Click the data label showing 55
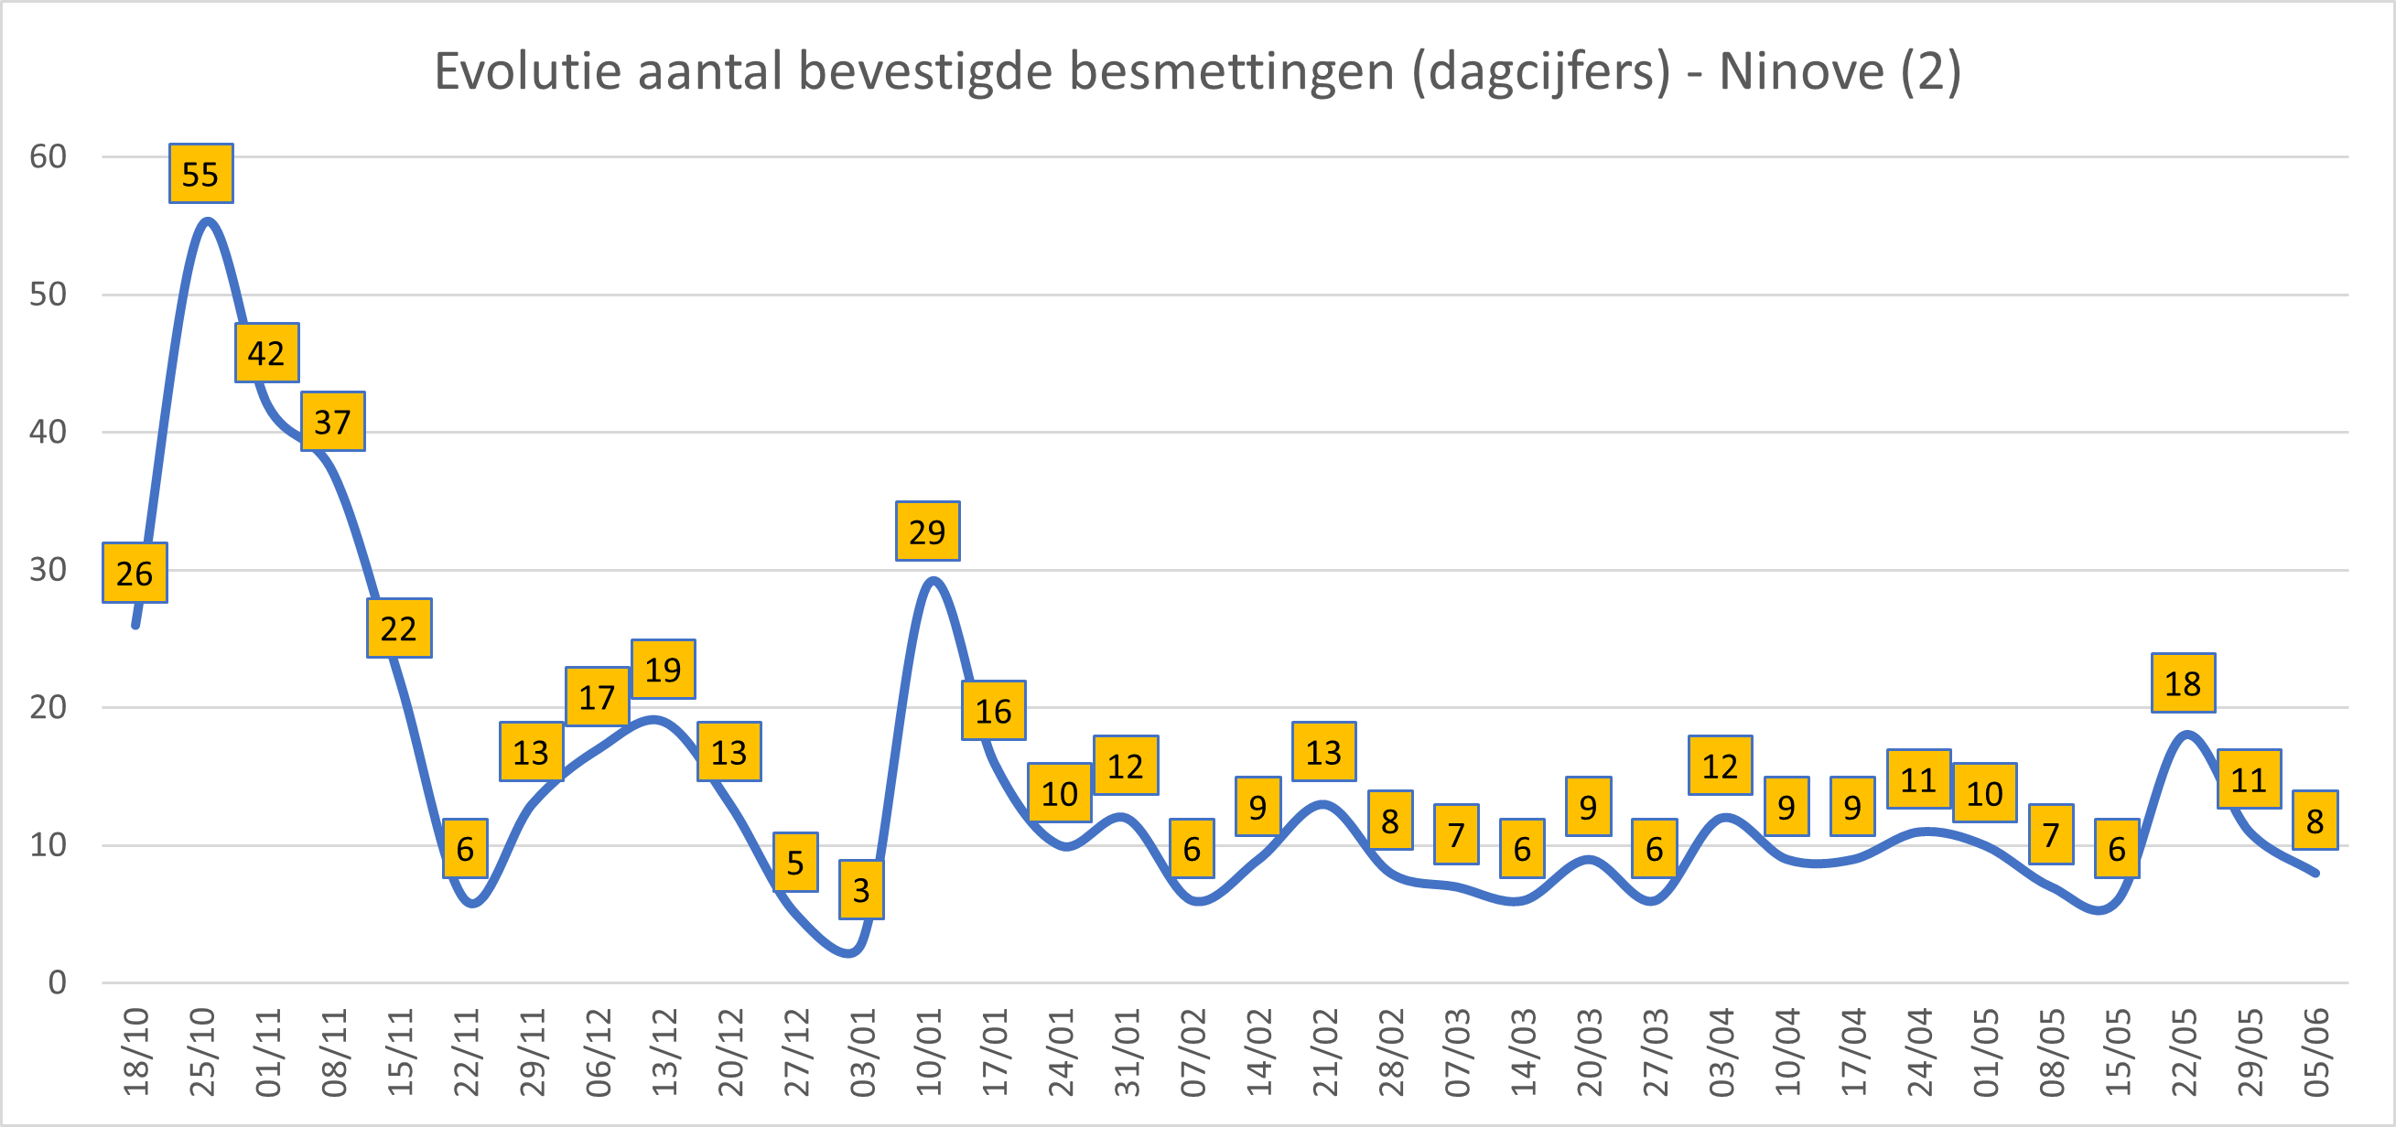point(201,174)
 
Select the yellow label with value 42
point(267,353)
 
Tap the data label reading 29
point(927,531)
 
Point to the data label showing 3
point(861,890)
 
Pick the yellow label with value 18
point(2183,683)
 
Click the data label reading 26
point(135,573)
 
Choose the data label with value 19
point(664,670)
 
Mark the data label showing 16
point(993,711)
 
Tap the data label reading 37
point(333,422)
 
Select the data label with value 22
point(399,628)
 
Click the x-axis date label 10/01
point(929,1052)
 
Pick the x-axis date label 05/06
point(2316,1052)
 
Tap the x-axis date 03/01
point(863,1052)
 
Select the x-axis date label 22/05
point(2184,1052)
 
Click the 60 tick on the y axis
point(49,157)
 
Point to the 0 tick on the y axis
point(58,982)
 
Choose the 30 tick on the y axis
point(49,570)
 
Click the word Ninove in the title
point(1801,71)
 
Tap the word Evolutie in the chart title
point(527,71)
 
